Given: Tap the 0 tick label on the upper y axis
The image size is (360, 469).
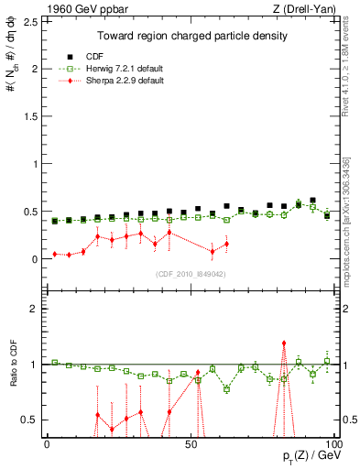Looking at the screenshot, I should pos(36,259).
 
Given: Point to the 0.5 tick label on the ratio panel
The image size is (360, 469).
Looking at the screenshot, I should pos(31,420).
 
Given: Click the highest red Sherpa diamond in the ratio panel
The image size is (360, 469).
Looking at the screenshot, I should pos(284,344).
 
